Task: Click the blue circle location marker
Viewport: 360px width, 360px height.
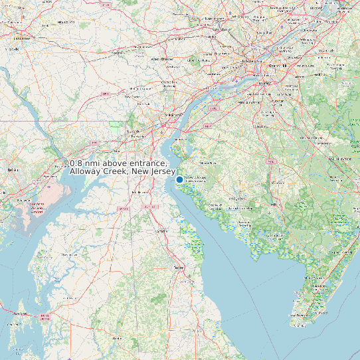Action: click(179, 179)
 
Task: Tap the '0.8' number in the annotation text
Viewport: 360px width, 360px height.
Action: click(78, 163)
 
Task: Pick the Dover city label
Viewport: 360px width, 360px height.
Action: click(178, 267)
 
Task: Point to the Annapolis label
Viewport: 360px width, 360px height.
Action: click(18, 314)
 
